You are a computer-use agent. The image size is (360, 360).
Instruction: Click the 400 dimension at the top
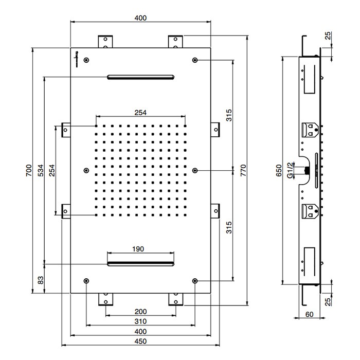tap(140, 17)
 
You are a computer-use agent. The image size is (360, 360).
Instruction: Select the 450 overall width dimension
tap(140, 341)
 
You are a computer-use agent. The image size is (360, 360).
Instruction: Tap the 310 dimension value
tap(140, 321)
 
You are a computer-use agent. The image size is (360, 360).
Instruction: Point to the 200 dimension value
tap(140, 312)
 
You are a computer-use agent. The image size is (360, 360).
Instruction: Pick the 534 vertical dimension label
tap(41, 170)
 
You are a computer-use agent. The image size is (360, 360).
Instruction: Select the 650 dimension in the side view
tap(278, 170)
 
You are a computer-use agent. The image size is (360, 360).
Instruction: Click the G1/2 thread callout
tap(291, 170)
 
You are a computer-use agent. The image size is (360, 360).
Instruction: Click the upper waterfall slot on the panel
tap(140, 77)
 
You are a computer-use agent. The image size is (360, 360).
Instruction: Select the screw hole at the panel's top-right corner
tap(195, 60)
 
